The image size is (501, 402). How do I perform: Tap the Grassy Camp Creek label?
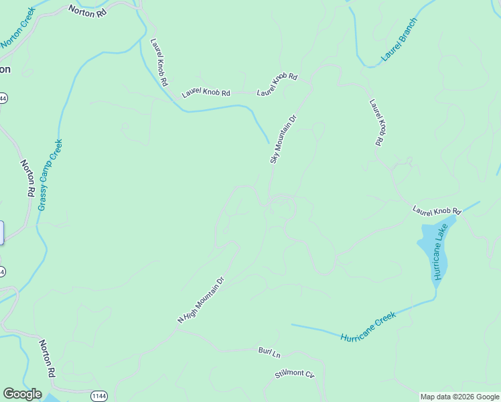(50, 175)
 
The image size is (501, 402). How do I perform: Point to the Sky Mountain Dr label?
(283, 139)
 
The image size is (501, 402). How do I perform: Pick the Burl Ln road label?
(269, 351)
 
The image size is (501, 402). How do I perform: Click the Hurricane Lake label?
(439, 253)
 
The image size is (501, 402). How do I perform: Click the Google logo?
(22, 394)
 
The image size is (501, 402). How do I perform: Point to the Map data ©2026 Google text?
(459, 397)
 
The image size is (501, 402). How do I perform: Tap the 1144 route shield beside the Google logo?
(99, 396)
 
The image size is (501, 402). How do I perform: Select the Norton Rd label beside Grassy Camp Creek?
(27, 178)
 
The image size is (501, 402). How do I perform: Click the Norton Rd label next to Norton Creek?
(88, 11)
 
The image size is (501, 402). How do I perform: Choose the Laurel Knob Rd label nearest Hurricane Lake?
(437, 211)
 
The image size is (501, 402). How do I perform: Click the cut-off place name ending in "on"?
(5, 69)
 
